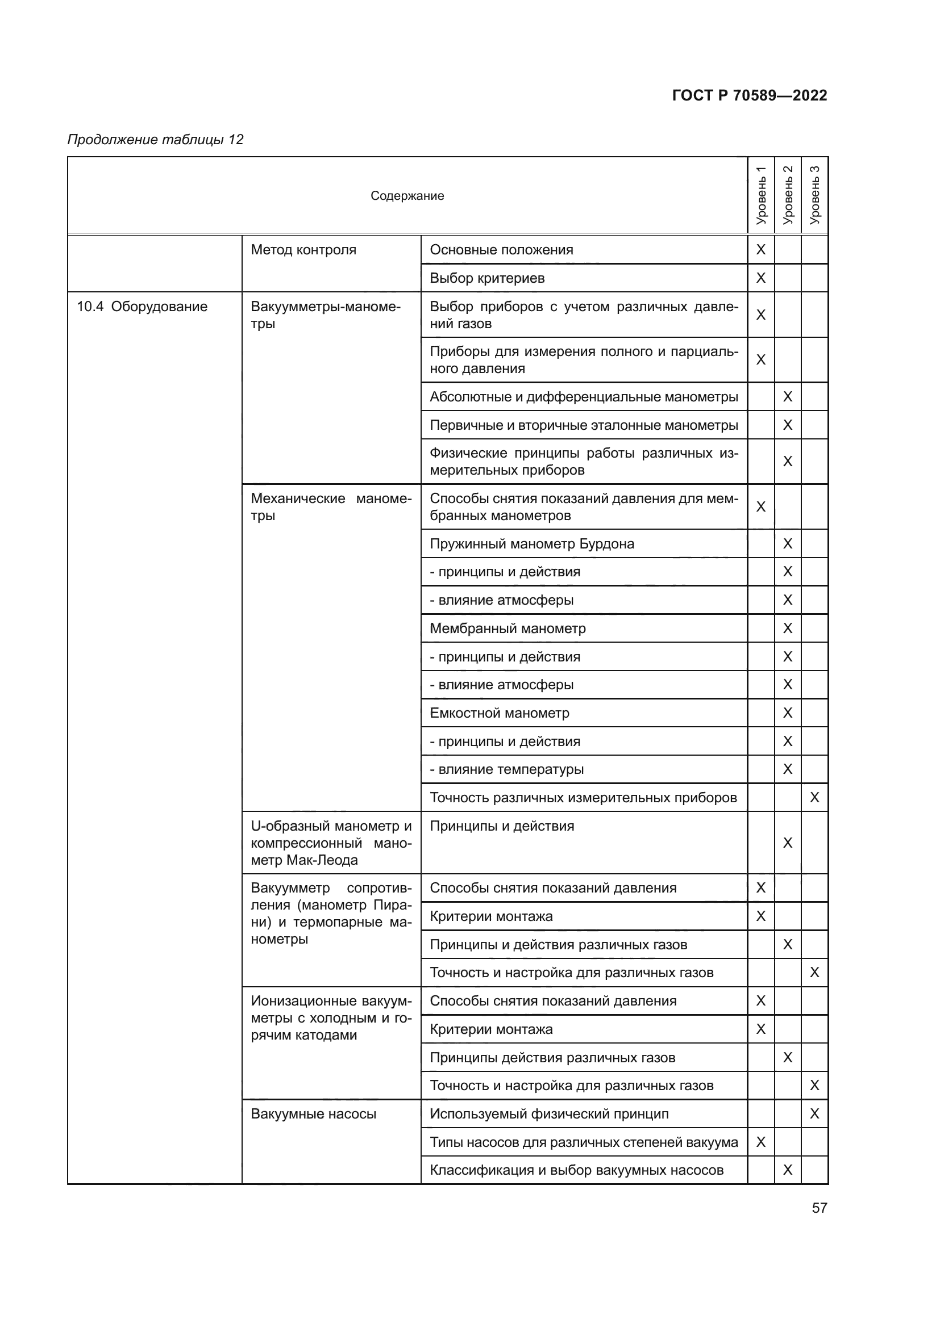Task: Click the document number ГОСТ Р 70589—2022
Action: coord(749,95)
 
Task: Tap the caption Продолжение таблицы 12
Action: coord(155,140)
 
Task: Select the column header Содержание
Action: coord(407,195)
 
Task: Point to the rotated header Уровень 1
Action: coord(760,195)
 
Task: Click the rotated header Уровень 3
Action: coord(814,195)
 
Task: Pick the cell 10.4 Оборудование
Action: coord(142,307)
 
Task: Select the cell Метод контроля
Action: coord(303,250)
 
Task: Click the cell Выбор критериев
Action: coord(487,278)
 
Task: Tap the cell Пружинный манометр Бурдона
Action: coord(531,544)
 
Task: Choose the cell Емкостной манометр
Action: coord(499,713)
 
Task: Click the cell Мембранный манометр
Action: coord(507,628)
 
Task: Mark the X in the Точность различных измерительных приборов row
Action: coord(814,798)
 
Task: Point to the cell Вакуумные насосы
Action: coord(313,1114)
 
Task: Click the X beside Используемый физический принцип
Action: coord(814,1114)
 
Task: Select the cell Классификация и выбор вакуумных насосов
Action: coord(576,1170)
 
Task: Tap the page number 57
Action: coord(819,1208)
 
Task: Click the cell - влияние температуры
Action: coord(506,769)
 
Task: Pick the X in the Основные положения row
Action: coord(760,250)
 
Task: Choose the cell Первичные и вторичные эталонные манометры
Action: coord(584,425)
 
